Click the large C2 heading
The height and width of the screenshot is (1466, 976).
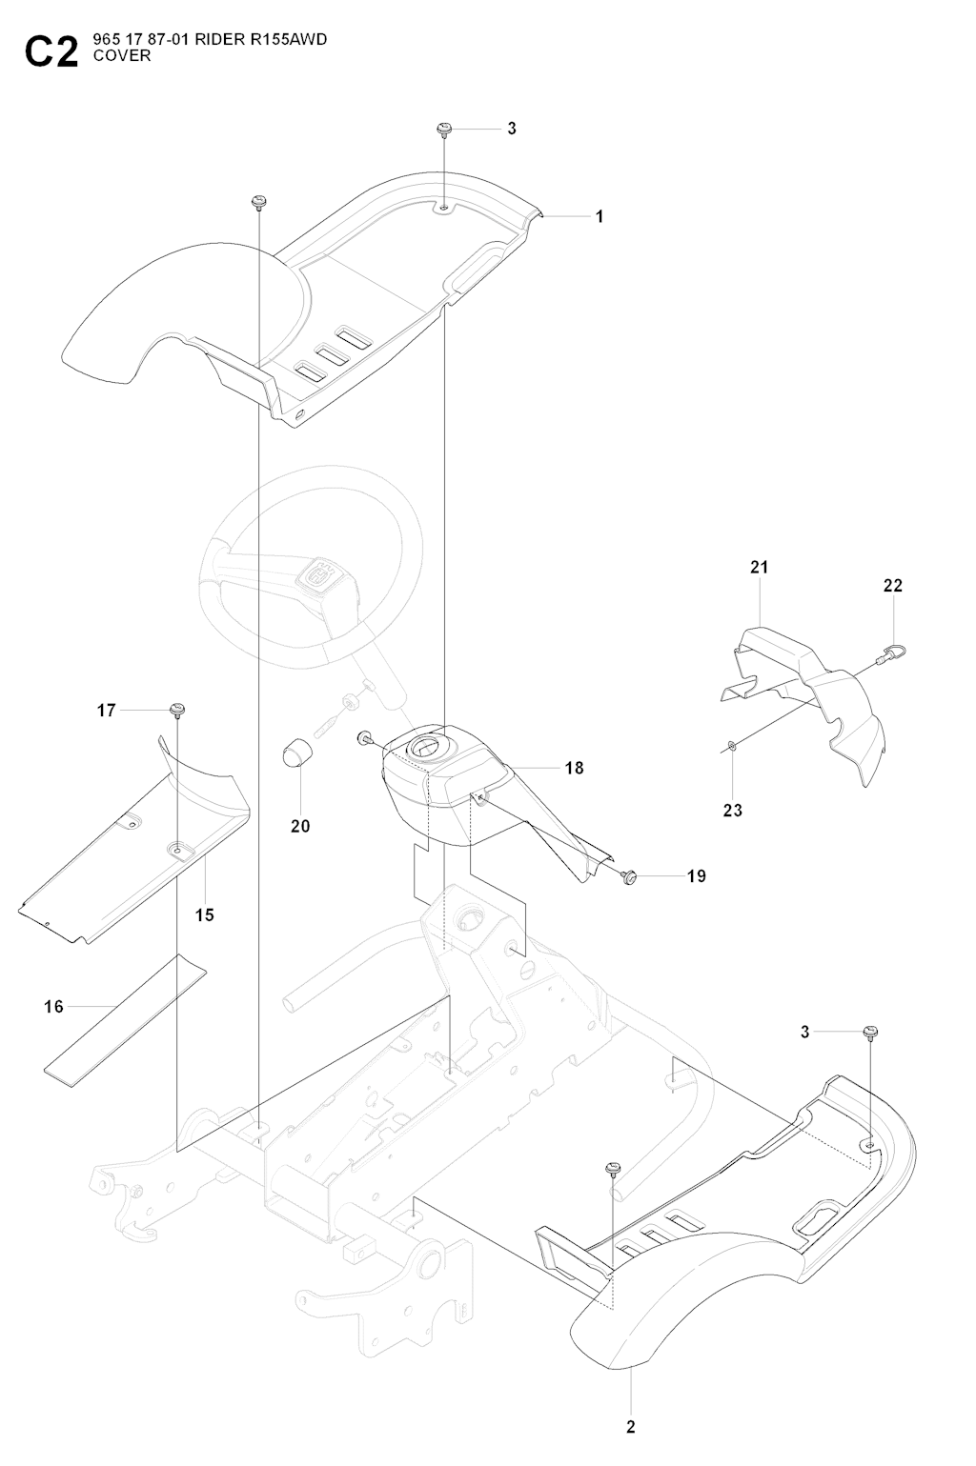52,53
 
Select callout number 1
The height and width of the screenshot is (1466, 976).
600,217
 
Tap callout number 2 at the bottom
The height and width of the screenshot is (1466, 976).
630,1426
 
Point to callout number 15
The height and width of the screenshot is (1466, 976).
205,914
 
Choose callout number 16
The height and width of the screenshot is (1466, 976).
54,1006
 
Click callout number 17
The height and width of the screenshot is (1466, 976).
106,710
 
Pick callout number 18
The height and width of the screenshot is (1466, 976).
574,768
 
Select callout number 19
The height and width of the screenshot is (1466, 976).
697,875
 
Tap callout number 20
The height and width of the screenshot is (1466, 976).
300,826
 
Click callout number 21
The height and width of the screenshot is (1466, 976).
759,567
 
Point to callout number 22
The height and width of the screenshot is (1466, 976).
892,586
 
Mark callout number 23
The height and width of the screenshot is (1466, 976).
732,811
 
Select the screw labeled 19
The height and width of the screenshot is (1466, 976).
628,875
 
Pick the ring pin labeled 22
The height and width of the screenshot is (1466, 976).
894,653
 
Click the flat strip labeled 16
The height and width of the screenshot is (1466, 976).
124,1019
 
